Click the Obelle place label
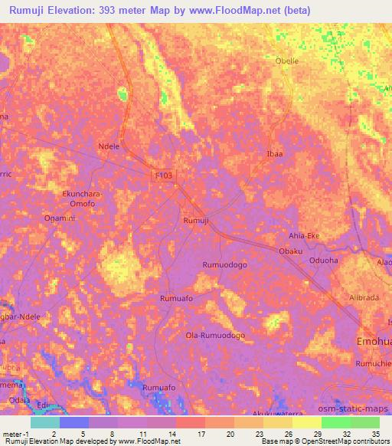point(287,61)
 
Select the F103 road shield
point(163,175)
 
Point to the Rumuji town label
point(196,221)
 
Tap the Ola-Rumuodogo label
point(215,336)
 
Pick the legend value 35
point(376,432)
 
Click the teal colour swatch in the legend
point(44,422)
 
